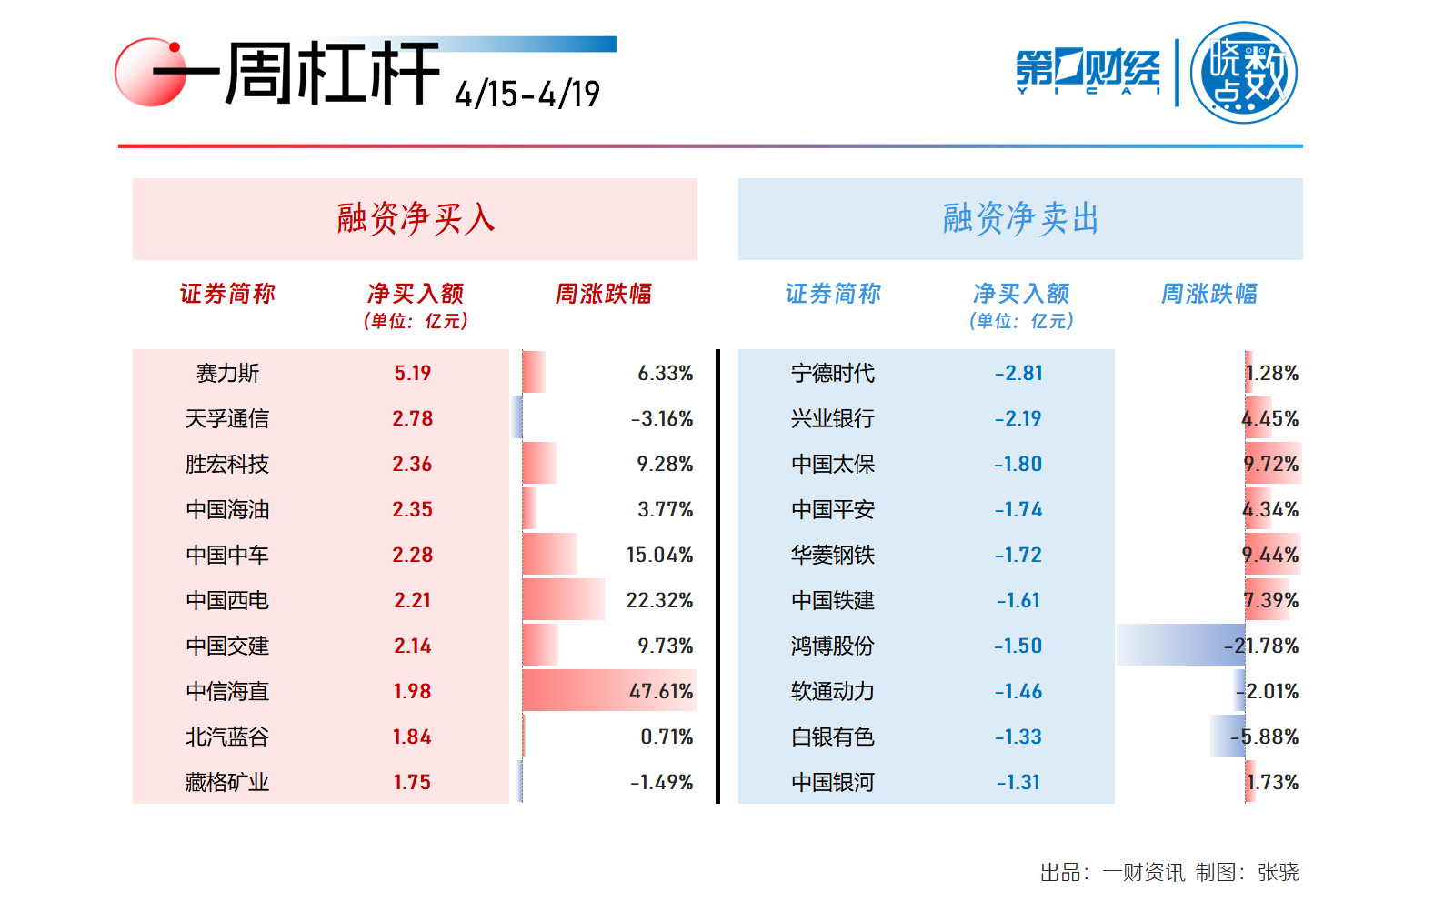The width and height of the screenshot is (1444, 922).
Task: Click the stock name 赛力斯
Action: coord(227,373)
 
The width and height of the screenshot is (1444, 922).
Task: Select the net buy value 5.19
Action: coord(412,373)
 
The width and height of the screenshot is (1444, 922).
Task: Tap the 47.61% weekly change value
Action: coord(661,691)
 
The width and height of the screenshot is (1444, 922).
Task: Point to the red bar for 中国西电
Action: coord(563,599)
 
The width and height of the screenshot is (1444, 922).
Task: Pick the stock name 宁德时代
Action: coord(832,373)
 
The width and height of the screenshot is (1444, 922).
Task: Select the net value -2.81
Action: coord(1018,373)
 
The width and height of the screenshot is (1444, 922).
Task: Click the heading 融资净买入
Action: coord(416,219)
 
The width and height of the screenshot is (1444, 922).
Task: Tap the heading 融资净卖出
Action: coord(1020,219)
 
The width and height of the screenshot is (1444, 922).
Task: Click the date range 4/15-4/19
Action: coord(527,94)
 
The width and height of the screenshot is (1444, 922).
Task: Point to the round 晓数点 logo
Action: coord(1243,73)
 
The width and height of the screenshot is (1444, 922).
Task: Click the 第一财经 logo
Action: coord(1088,71)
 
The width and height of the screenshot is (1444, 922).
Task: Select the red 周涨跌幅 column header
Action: coord(604,294)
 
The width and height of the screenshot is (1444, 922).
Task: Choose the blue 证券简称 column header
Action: coord(833,294)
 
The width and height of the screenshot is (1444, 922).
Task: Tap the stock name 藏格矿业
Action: coord(227,782)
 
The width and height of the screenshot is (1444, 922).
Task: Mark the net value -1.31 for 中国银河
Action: coord(1018,782)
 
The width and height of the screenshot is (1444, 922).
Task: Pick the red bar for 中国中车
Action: coord(549,554)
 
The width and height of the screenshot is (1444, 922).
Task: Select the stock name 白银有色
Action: coord(832,737)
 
